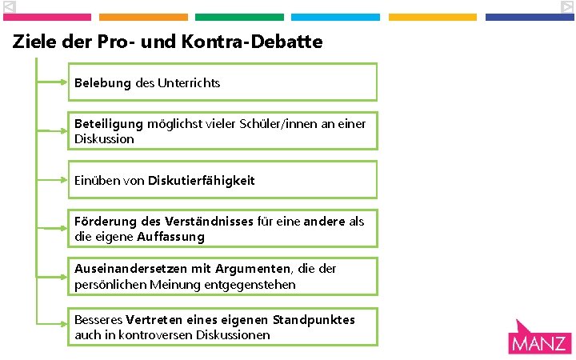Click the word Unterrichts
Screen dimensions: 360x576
coord(190,83)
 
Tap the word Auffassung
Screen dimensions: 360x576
coord(170,237)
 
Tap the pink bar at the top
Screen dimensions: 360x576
coord(47,17)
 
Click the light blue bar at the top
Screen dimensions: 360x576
coord(335,17)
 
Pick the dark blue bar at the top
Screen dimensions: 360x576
coord(530,17)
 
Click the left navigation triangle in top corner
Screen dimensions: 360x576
coord(9,7)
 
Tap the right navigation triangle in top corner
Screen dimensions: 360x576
coord(566,7)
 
